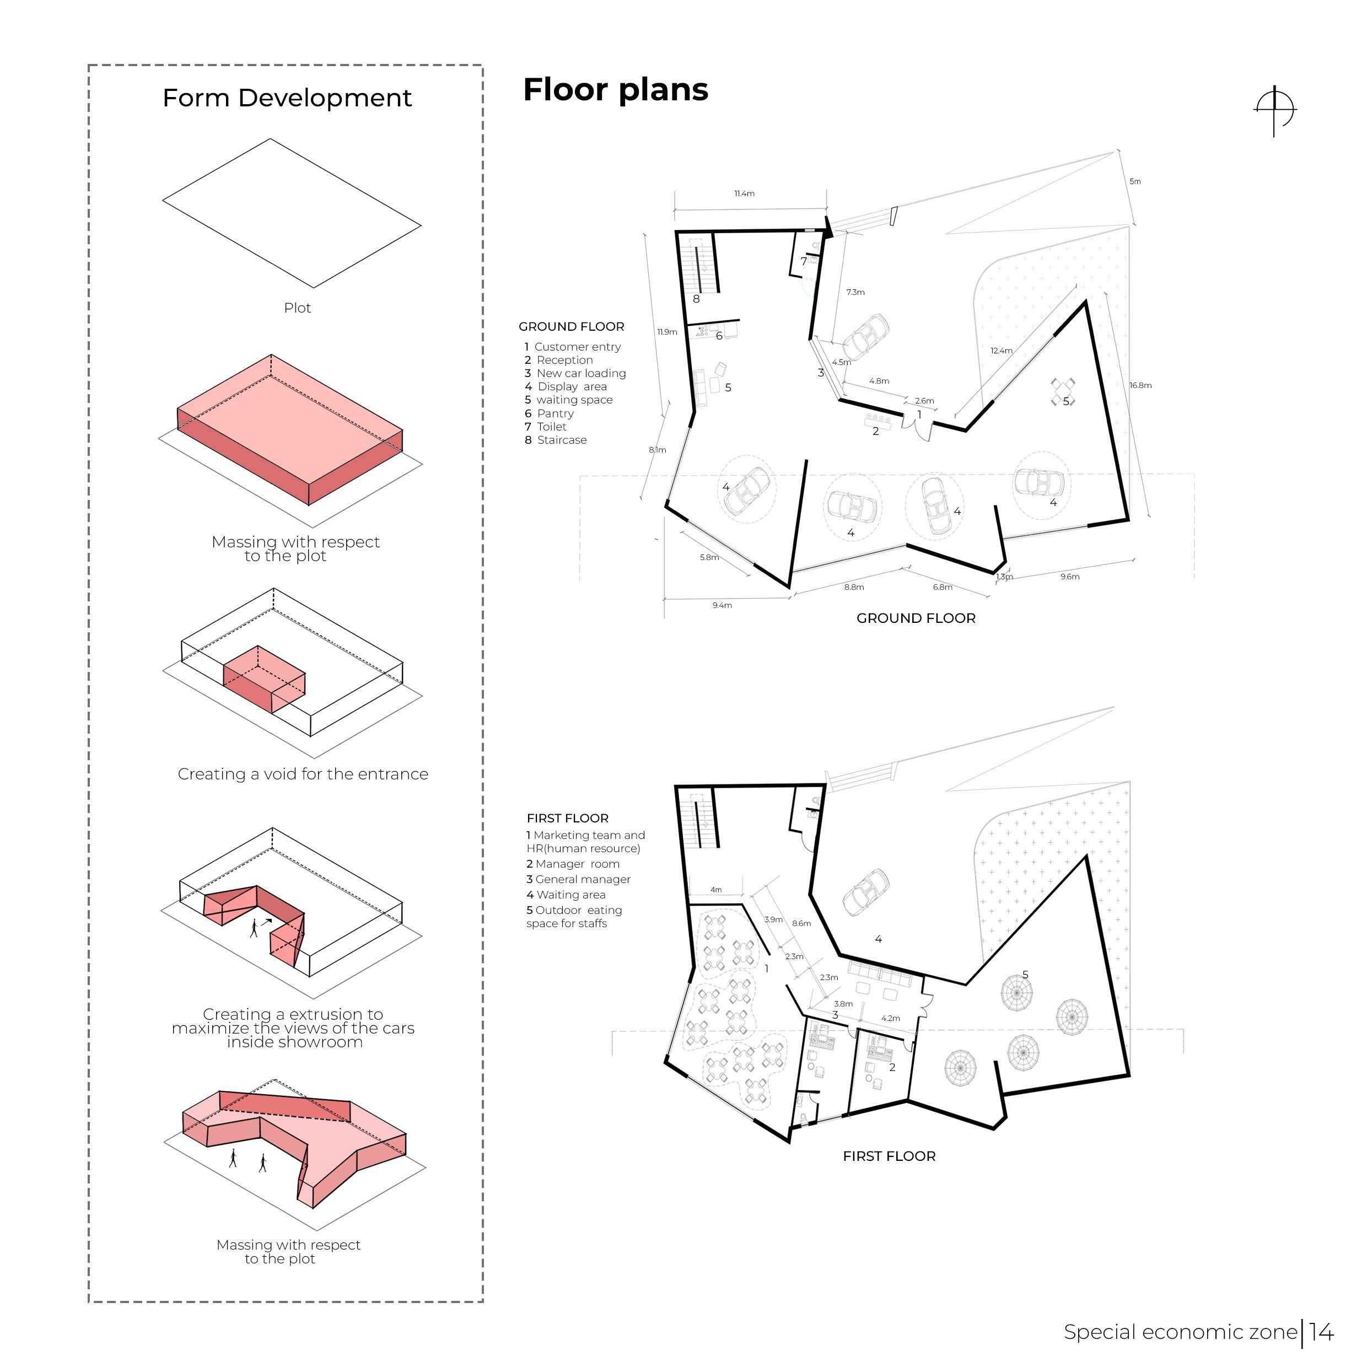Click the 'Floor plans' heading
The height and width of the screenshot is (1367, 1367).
615,90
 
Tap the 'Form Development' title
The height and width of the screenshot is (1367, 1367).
287,98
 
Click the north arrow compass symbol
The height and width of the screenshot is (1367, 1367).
1274,111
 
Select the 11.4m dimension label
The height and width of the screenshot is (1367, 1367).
744,193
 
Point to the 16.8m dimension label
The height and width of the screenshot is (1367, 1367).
1140,386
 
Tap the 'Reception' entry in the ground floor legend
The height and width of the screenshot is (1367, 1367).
564,360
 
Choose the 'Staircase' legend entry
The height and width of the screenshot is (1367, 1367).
561,440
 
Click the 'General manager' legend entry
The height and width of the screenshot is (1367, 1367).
582,880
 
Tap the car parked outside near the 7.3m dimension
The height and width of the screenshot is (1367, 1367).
865,336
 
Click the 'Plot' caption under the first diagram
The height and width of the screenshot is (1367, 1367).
297,308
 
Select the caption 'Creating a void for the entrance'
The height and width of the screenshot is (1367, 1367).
303,774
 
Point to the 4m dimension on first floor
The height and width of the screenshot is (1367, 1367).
716,890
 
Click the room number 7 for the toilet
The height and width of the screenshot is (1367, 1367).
804,261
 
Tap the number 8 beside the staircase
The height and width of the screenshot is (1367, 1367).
696,299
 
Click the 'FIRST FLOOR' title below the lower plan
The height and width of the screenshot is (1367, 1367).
889,1156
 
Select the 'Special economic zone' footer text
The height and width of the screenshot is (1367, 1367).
1180,1332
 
